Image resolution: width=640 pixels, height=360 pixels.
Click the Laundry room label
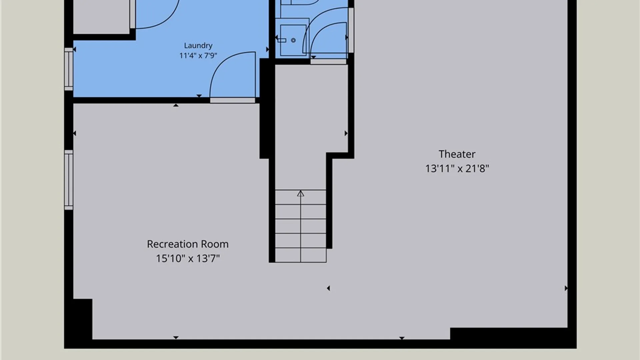(198, 45)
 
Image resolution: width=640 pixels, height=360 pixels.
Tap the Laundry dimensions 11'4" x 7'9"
(198, 55)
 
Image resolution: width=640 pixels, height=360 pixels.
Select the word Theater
(457, 154)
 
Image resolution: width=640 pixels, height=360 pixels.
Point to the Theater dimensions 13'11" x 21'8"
(457, 168)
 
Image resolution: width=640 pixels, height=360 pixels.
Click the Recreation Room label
(188, 244)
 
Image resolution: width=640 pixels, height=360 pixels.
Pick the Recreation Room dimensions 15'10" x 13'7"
(188, 258)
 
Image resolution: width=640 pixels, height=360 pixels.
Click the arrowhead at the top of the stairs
(301, 193)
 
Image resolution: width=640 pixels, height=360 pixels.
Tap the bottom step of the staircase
(301, 255)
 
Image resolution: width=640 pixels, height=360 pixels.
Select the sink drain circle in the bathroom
(293, 40)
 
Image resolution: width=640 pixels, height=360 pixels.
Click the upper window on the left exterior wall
(69, 69)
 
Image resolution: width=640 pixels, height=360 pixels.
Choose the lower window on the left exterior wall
(69, 180)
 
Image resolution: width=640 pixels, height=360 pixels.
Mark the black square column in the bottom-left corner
(82, 319)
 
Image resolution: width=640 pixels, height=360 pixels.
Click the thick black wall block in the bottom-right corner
(509, 334)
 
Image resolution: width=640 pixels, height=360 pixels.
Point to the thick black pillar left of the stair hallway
(264, 109)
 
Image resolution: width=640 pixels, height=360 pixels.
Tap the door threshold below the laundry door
(233, 100)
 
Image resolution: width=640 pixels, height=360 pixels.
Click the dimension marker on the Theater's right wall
(566, 288)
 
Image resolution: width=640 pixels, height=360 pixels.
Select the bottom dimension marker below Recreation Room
(176, 338)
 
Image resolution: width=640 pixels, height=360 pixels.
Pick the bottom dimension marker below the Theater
(402, 338)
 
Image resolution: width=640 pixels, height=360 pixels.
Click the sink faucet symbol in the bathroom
(282, 40)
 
